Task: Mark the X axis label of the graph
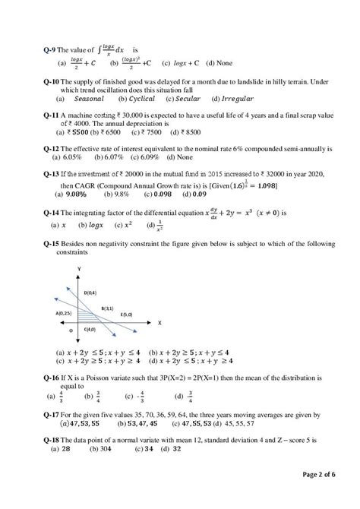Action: [160, 322]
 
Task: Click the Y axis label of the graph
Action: [78, 270]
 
